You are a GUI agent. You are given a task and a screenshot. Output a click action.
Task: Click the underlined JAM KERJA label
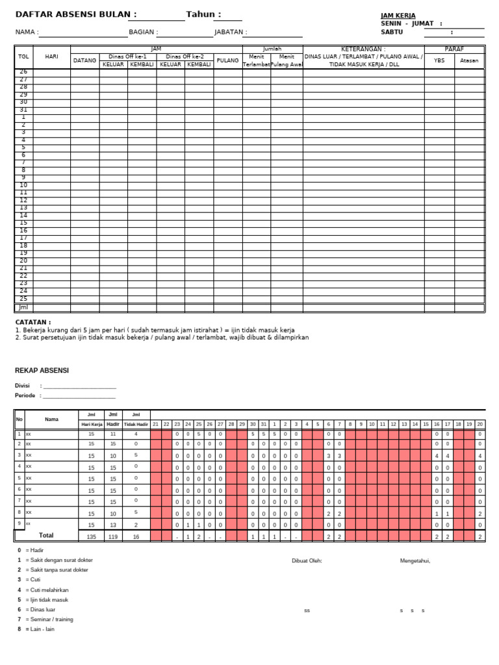tap(398, 16)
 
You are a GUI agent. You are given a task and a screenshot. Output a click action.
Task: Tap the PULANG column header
tap(228, 60)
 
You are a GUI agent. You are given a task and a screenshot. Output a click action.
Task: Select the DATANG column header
tap(84, 60)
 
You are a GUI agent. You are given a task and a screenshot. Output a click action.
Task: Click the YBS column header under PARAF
tap(439, 60)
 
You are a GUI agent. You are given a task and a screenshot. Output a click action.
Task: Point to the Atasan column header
tap(469, 60)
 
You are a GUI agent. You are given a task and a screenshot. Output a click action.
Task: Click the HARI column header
tap(52, 56)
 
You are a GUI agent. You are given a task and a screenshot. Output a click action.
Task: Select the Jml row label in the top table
tap(23, 307)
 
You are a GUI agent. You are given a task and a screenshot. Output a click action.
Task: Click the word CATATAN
tap(32, 322)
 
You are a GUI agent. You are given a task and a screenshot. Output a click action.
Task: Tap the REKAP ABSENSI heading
tap(42, 371)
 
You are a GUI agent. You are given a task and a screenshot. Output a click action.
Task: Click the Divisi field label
tap(23, 386)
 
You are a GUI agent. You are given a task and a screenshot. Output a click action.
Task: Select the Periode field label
tap(25, 395)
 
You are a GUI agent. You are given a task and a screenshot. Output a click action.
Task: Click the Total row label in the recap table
tap(46, 536)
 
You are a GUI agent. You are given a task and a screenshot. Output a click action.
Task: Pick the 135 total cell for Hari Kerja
tap(91, 537)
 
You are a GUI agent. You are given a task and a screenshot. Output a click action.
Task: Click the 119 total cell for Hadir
tap(113, 537)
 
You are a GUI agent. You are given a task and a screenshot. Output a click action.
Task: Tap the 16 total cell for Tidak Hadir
tap(136, 537)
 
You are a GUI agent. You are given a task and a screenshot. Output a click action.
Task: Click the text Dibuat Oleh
tap(307, 561)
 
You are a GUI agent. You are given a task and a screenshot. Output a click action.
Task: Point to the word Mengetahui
tap(415, 561)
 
